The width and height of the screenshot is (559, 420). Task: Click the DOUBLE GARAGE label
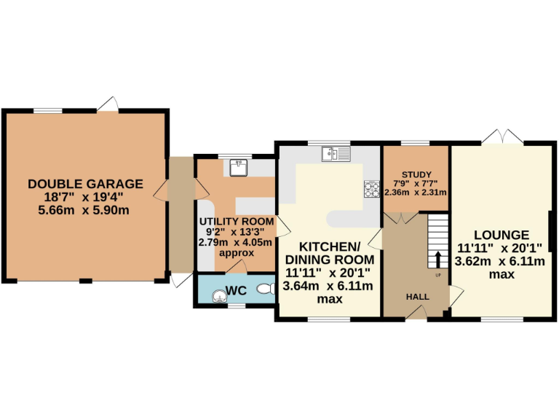click(85, 184)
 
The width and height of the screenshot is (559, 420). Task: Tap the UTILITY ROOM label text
click(237, 222)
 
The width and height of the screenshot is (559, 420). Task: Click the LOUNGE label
click(501, 235)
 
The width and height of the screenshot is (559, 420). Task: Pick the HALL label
click(417, 297)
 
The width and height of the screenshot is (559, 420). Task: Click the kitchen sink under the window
click(336, 153)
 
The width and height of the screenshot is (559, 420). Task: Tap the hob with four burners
click(372, 188)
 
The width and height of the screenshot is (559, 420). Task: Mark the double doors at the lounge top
click(502, 136)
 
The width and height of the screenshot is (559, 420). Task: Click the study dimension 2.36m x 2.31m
click(415, 192)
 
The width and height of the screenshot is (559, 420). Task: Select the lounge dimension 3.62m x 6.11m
click(501, 261)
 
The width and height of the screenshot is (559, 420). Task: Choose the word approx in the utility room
click(237, 253)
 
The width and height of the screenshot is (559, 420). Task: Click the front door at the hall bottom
click(417, 313)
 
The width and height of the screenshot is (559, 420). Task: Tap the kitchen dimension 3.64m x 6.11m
click(330, 286)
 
